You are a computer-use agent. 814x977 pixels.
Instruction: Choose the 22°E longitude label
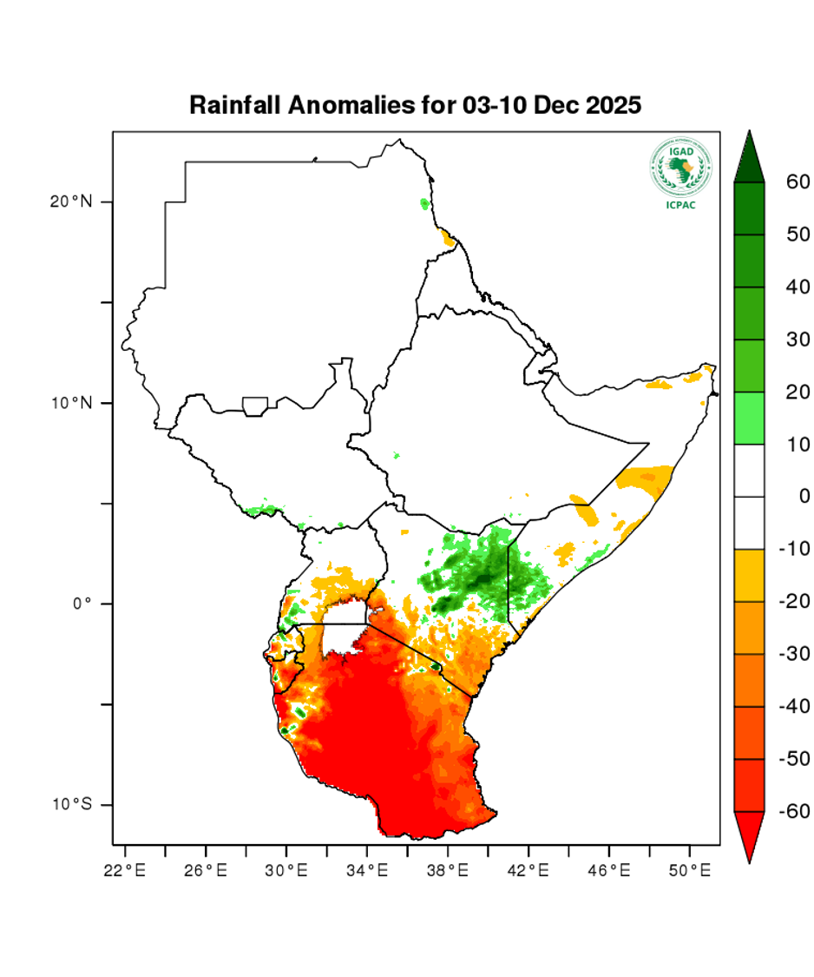click(x=124, y=868)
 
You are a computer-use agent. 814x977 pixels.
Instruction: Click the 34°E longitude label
click(x=366, y=868)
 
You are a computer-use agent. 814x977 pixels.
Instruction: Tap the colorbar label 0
click(x=804, y=497)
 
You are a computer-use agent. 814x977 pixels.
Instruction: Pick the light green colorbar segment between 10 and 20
click(x=749, y=419)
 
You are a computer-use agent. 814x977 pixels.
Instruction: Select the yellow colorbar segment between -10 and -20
click(x=749, y=575)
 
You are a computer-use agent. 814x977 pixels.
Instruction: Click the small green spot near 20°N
click(x=424, y=204)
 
